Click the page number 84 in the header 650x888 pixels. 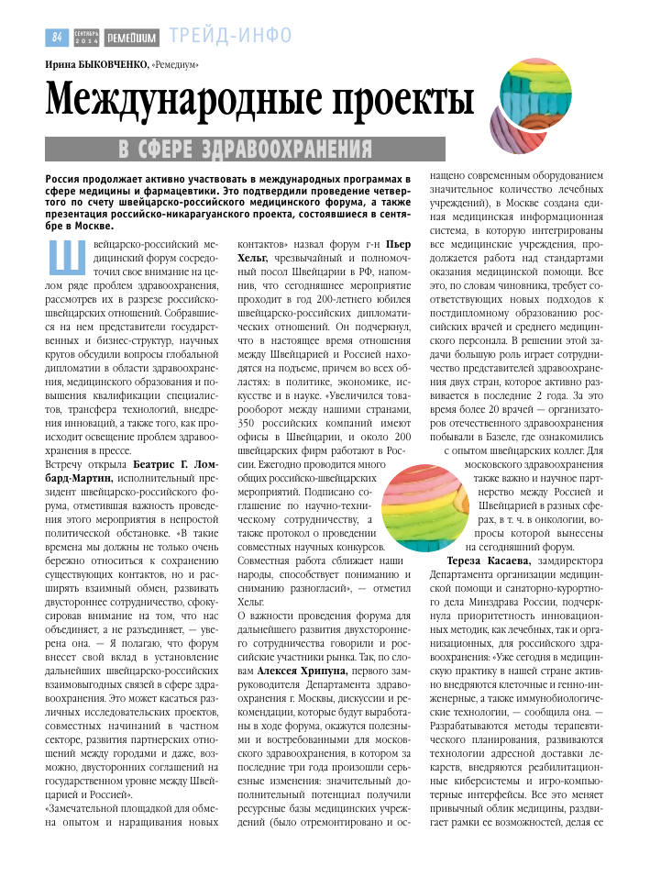pos(57,37)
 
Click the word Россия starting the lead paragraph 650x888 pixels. pos(64,177)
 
